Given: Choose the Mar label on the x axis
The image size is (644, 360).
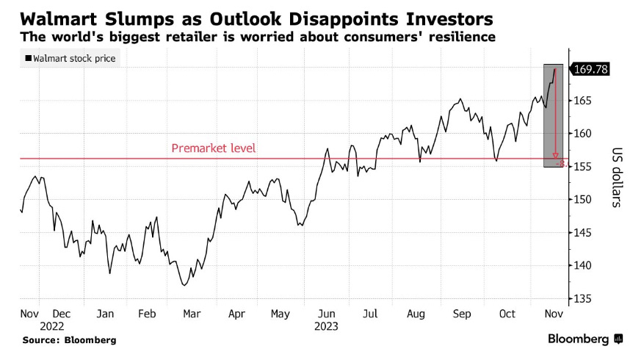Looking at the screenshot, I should tap(192, 314).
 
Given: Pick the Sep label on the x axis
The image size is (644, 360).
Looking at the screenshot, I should tap(462, 314).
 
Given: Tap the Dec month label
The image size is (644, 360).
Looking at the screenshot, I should tap(62, 314).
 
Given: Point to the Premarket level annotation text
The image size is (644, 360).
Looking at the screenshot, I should tap(213, 148).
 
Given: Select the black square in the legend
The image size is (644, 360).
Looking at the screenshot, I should tap(29, 59).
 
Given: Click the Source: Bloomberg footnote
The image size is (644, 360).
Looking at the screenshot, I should tap(69, 340).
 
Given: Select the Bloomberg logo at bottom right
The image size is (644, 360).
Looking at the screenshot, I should tap(585, 339).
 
